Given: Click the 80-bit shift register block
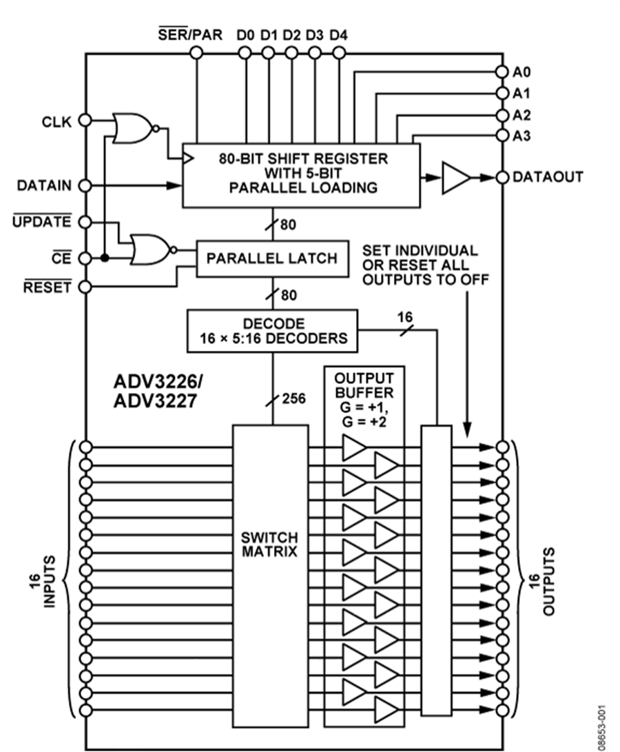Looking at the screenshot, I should tap(301, 175).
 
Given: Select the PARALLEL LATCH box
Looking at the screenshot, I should tap(272, 258).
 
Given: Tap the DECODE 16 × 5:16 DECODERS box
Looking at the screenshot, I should tap(273, 331).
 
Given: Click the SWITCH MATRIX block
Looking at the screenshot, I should tap(269, 545).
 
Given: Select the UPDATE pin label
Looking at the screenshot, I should tap(42, 222).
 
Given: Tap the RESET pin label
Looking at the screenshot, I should tap(47, 287).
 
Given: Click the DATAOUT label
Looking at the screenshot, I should tap(548, 177).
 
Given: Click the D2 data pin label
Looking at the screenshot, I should tap(291, 34).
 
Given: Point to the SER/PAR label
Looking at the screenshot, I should tap(191, 34).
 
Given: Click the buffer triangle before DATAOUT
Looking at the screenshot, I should tap(455, 177).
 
